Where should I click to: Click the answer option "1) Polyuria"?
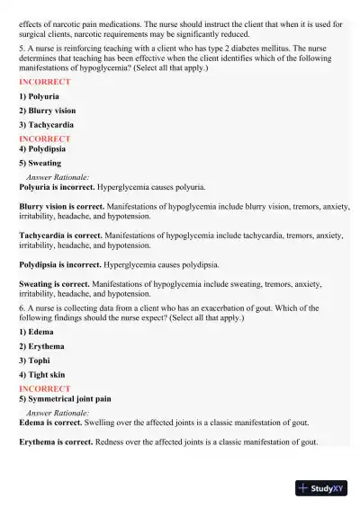point(39,95)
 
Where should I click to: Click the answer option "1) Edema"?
point(36,331)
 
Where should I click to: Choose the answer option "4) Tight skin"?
point(41,374)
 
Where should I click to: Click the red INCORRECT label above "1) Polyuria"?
point(44,82)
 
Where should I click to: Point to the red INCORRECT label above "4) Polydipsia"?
point(44,139)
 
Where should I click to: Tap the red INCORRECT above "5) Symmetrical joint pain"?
point(44,388)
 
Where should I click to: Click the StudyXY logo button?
point(321,488)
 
